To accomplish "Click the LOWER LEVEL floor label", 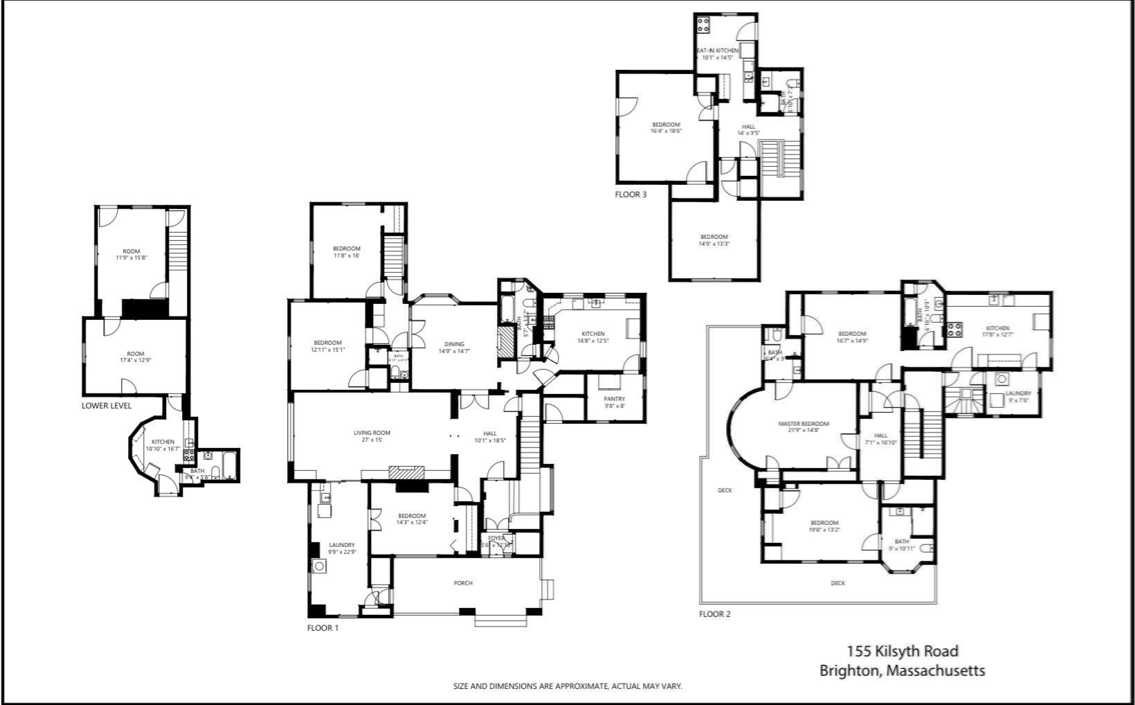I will tap(106, 405).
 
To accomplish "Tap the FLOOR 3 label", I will tap(630, 195).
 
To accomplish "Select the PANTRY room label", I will tap(614, 399).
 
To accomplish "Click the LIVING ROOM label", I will tap(372, 433).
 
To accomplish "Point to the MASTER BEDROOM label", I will tap(803, 424).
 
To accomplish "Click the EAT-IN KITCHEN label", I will tap(717, 51).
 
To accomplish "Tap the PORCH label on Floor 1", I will tap(463, 583).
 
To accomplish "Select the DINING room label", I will tap(454, 344).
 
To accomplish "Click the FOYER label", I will tap(496, 538).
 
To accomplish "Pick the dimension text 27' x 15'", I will tap(372, 440).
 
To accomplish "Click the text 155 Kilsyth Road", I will tap(902, 651).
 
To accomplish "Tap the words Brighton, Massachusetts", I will tap(902, 670).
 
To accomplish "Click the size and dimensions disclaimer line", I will tap(567, 686).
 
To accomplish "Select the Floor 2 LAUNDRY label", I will tap(1018, 393).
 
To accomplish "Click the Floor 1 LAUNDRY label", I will tap(342, 545).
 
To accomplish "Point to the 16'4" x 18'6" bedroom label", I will tap(666, 128).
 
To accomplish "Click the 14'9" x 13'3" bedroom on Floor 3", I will tap(714, 240).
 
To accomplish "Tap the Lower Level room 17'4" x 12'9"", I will tap(135, 357).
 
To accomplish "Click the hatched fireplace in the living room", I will tap(406, 473).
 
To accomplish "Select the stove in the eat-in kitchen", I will tap(704, 26).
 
